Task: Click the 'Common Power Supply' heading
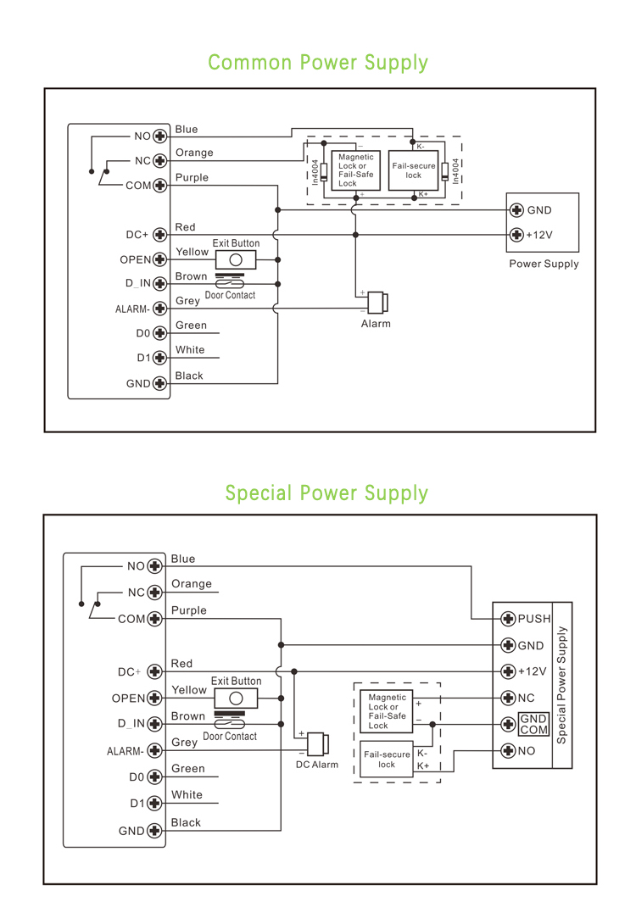click(x=318, y=63)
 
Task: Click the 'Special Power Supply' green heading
click(x=326, y=493)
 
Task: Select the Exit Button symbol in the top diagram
click(x=237, y=259)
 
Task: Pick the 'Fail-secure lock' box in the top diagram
click(x=413, y=170)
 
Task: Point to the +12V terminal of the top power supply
click(x=516, y=235)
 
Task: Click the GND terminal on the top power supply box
click(x=516, y=210)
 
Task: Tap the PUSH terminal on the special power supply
click(x=508, y=619)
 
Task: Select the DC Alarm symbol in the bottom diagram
click(x=317, y=744)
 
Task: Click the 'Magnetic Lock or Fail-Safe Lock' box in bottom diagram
click(x=388, y=711)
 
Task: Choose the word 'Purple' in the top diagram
click(x=192, y=178)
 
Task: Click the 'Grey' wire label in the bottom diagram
click(x=185, y=743)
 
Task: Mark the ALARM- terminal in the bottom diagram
click(x=154, y=750)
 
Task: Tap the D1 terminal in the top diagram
click(x=158, y=358)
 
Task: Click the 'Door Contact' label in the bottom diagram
click(x=230, y=737)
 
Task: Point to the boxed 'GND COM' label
click(x=534, y=724)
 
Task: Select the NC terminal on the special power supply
click(x=508, y=699)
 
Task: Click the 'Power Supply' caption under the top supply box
click(x=544, y=264)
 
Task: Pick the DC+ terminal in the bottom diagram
click(x=154, y=672)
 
